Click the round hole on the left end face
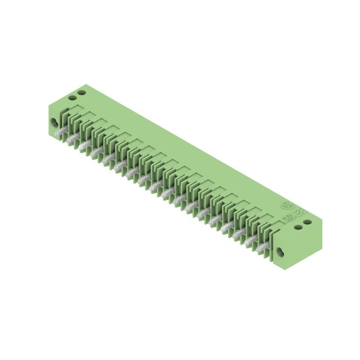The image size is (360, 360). click(55, 122)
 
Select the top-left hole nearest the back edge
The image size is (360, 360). click(81, 93)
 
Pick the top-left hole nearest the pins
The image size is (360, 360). click(72, 97)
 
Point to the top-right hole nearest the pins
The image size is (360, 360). click(298, 226)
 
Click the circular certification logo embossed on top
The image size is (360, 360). click(286, 206)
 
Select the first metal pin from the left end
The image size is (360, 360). click(58, 133)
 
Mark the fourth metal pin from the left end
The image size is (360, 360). click(94, 153)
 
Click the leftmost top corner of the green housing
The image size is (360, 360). click(48, 104)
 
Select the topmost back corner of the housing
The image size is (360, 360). click(85, 84)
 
